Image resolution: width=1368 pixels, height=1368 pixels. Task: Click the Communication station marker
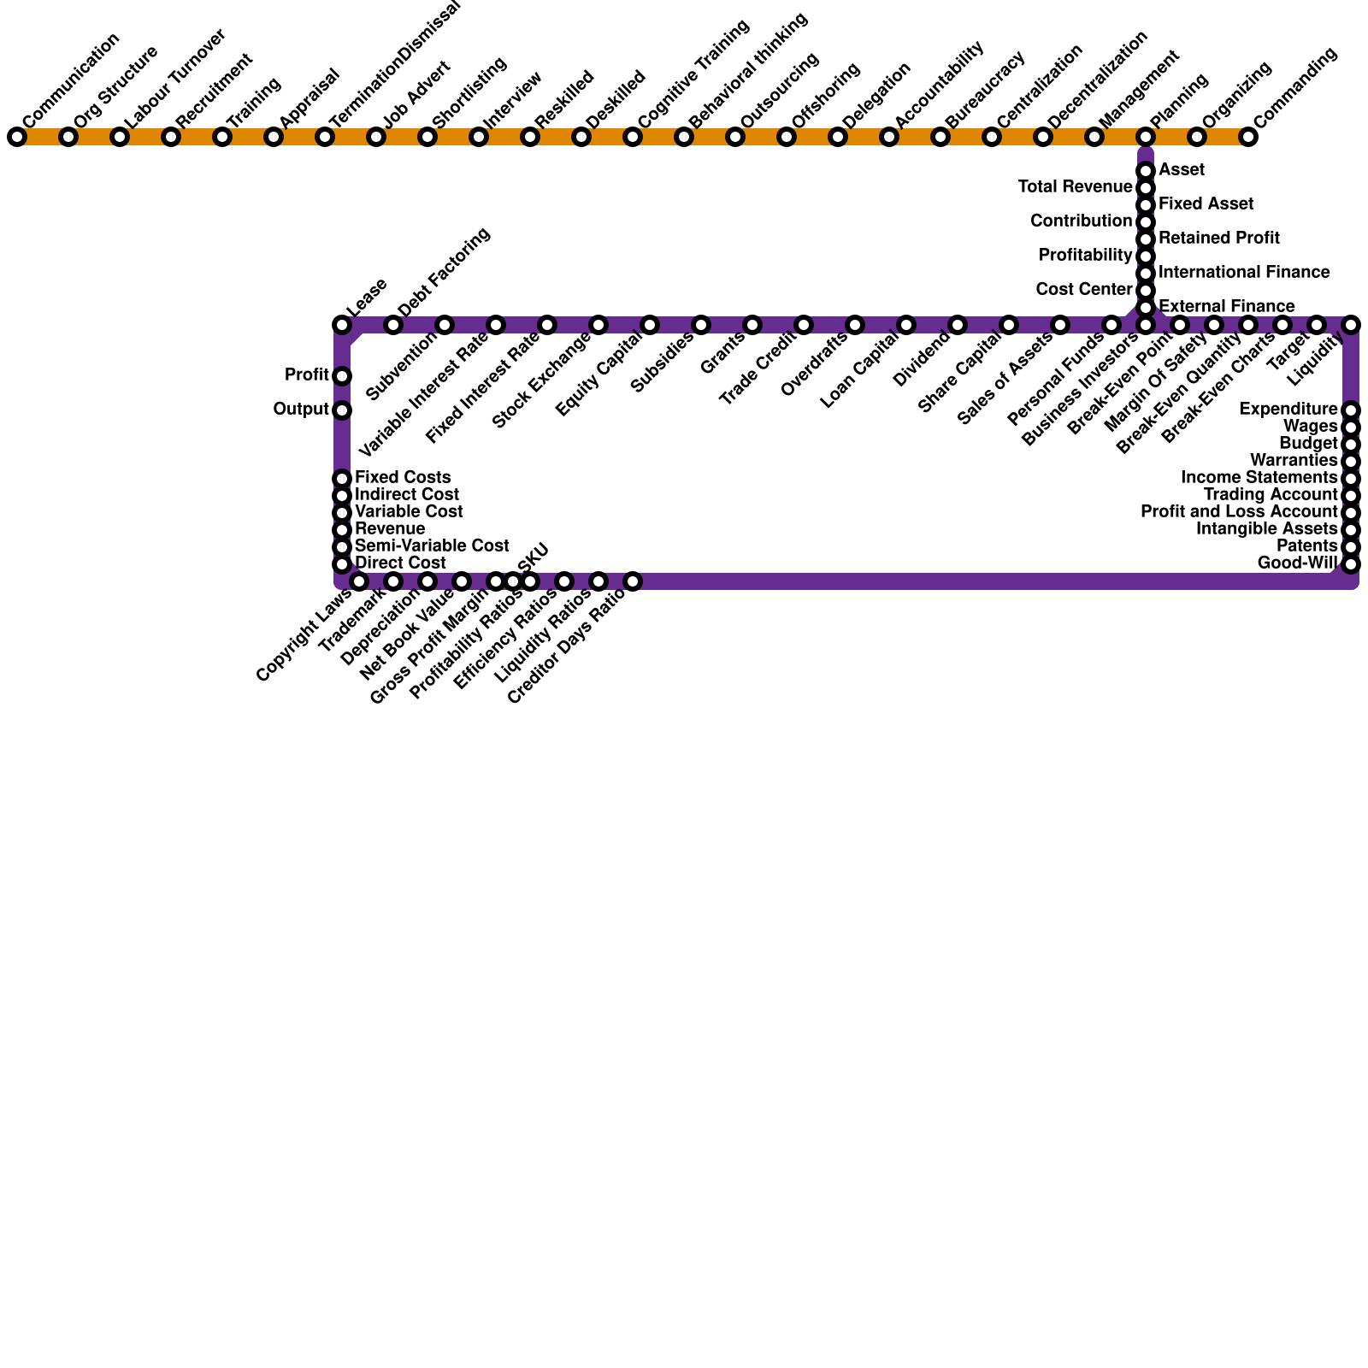point(17,137)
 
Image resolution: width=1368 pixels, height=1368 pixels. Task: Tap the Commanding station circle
point(1248,137)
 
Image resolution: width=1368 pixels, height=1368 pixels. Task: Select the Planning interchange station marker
point(1146,137)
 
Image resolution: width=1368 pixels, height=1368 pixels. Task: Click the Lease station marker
point(342,325)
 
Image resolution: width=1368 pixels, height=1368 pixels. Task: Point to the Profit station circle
point(342,376)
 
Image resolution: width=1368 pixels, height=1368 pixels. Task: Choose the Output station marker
point(342,410)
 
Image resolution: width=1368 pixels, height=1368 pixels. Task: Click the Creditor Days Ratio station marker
point(633,581)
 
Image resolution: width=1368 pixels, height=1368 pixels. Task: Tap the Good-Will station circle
point(1351,564)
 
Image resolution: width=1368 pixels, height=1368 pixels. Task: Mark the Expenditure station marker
point(1351,410)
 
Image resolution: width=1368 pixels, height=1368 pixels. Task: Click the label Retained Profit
point(1218,238)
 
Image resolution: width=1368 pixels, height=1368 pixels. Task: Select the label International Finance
point(1244,272)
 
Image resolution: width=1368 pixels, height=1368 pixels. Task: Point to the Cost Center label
point(1084,289)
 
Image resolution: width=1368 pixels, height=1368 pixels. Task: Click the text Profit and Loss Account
point(1239,511)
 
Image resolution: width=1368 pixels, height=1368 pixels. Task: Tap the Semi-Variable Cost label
point(432,545)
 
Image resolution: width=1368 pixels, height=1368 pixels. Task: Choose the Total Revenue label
point(1075,186)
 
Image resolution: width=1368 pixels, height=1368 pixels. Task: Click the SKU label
point(532,555)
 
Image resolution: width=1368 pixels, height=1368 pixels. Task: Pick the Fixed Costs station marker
point(342,479)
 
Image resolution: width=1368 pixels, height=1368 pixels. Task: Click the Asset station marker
point(1146,171)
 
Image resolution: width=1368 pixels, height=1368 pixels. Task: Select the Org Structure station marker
point(68,137)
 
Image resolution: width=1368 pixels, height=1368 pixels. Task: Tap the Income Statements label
point(1259,477)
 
